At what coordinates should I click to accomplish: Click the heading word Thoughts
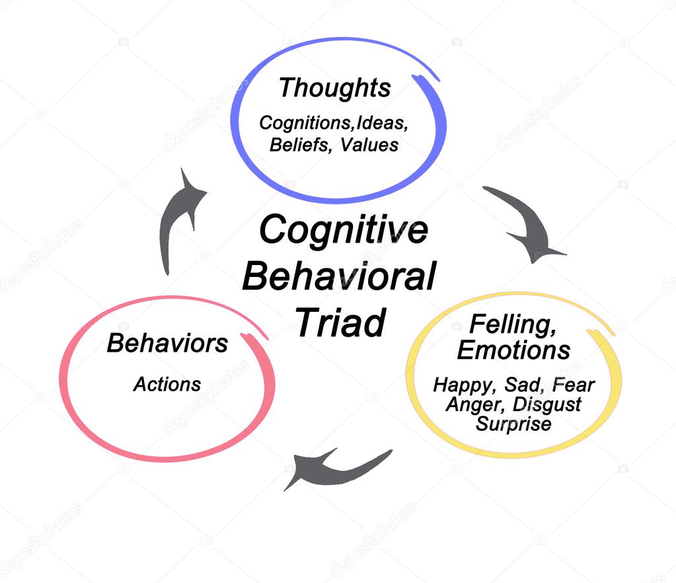334,88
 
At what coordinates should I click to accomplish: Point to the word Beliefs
301,144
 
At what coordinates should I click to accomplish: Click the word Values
369,144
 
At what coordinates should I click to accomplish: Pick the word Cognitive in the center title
343,230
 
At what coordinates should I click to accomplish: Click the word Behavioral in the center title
339,276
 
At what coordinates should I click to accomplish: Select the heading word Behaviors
167,343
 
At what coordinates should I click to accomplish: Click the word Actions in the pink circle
167,384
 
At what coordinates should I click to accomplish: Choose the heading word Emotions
513,350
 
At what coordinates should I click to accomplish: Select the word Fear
574,385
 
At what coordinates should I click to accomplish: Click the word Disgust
546,404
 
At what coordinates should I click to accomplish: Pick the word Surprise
513,423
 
